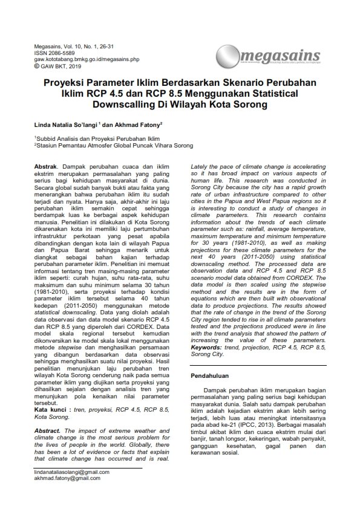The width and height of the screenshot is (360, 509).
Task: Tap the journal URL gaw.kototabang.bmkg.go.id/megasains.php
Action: point(87,60)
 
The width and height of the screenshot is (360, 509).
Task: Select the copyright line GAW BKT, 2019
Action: point(57,66)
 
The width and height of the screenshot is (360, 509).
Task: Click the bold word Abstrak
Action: point(46,166)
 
